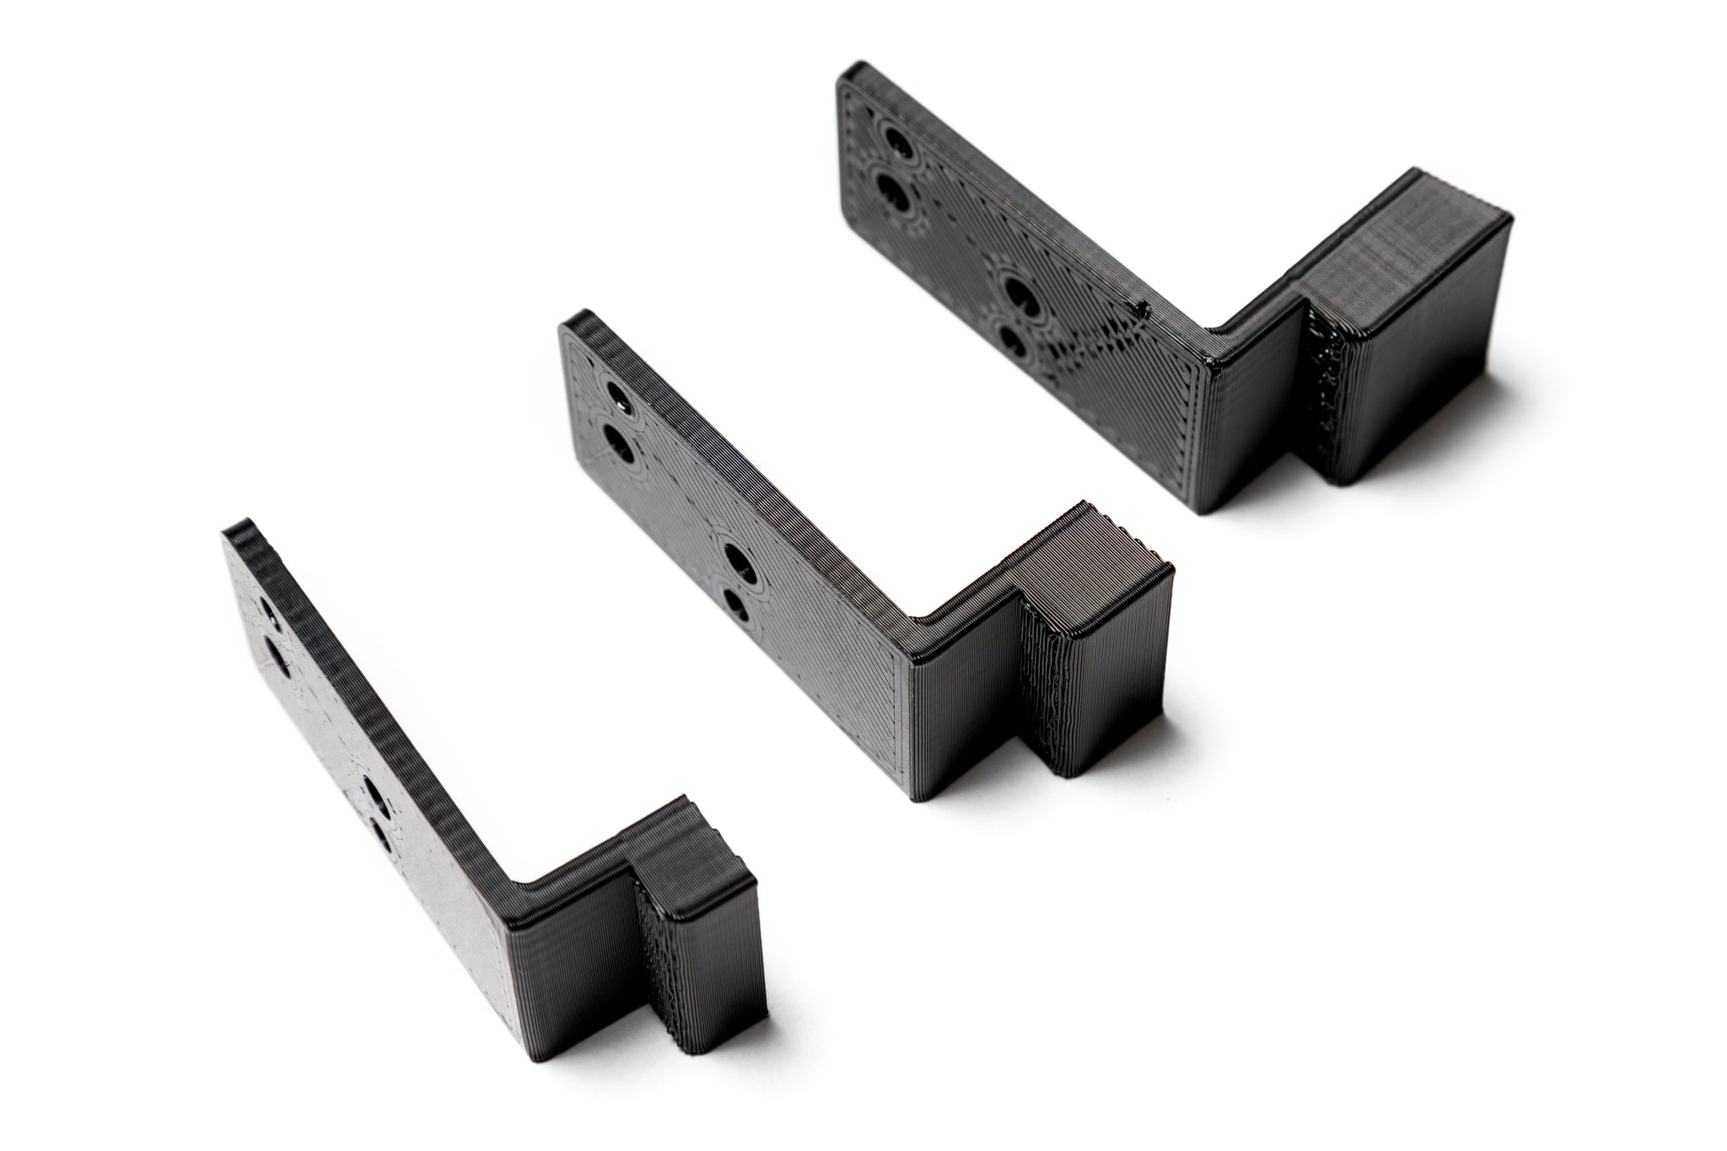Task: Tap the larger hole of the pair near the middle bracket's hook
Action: click(734, 561)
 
